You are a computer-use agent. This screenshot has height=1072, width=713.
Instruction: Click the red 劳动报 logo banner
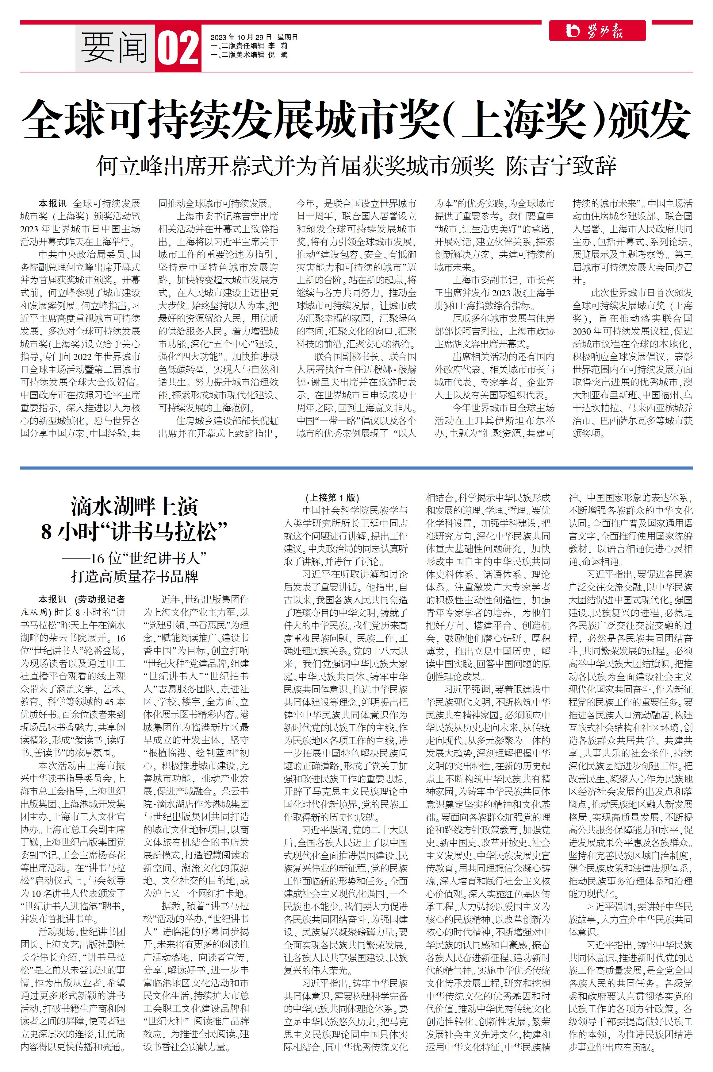(597, 31)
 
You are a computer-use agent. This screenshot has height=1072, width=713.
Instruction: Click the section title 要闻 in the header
(115, 48)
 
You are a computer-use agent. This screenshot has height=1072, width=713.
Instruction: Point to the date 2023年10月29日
(241, 37)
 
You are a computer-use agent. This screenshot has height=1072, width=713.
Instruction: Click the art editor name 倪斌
(278, 55)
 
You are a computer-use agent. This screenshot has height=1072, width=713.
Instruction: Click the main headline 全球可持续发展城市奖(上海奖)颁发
(356, 119)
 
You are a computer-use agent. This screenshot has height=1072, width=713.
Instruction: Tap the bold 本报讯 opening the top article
(52, 203)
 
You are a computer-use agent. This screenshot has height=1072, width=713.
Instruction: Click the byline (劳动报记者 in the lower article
(100, 599)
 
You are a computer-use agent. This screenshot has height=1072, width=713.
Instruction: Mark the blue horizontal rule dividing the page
(356, 468)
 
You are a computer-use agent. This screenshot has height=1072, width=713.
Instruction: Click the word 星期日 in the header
(288, 37)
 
